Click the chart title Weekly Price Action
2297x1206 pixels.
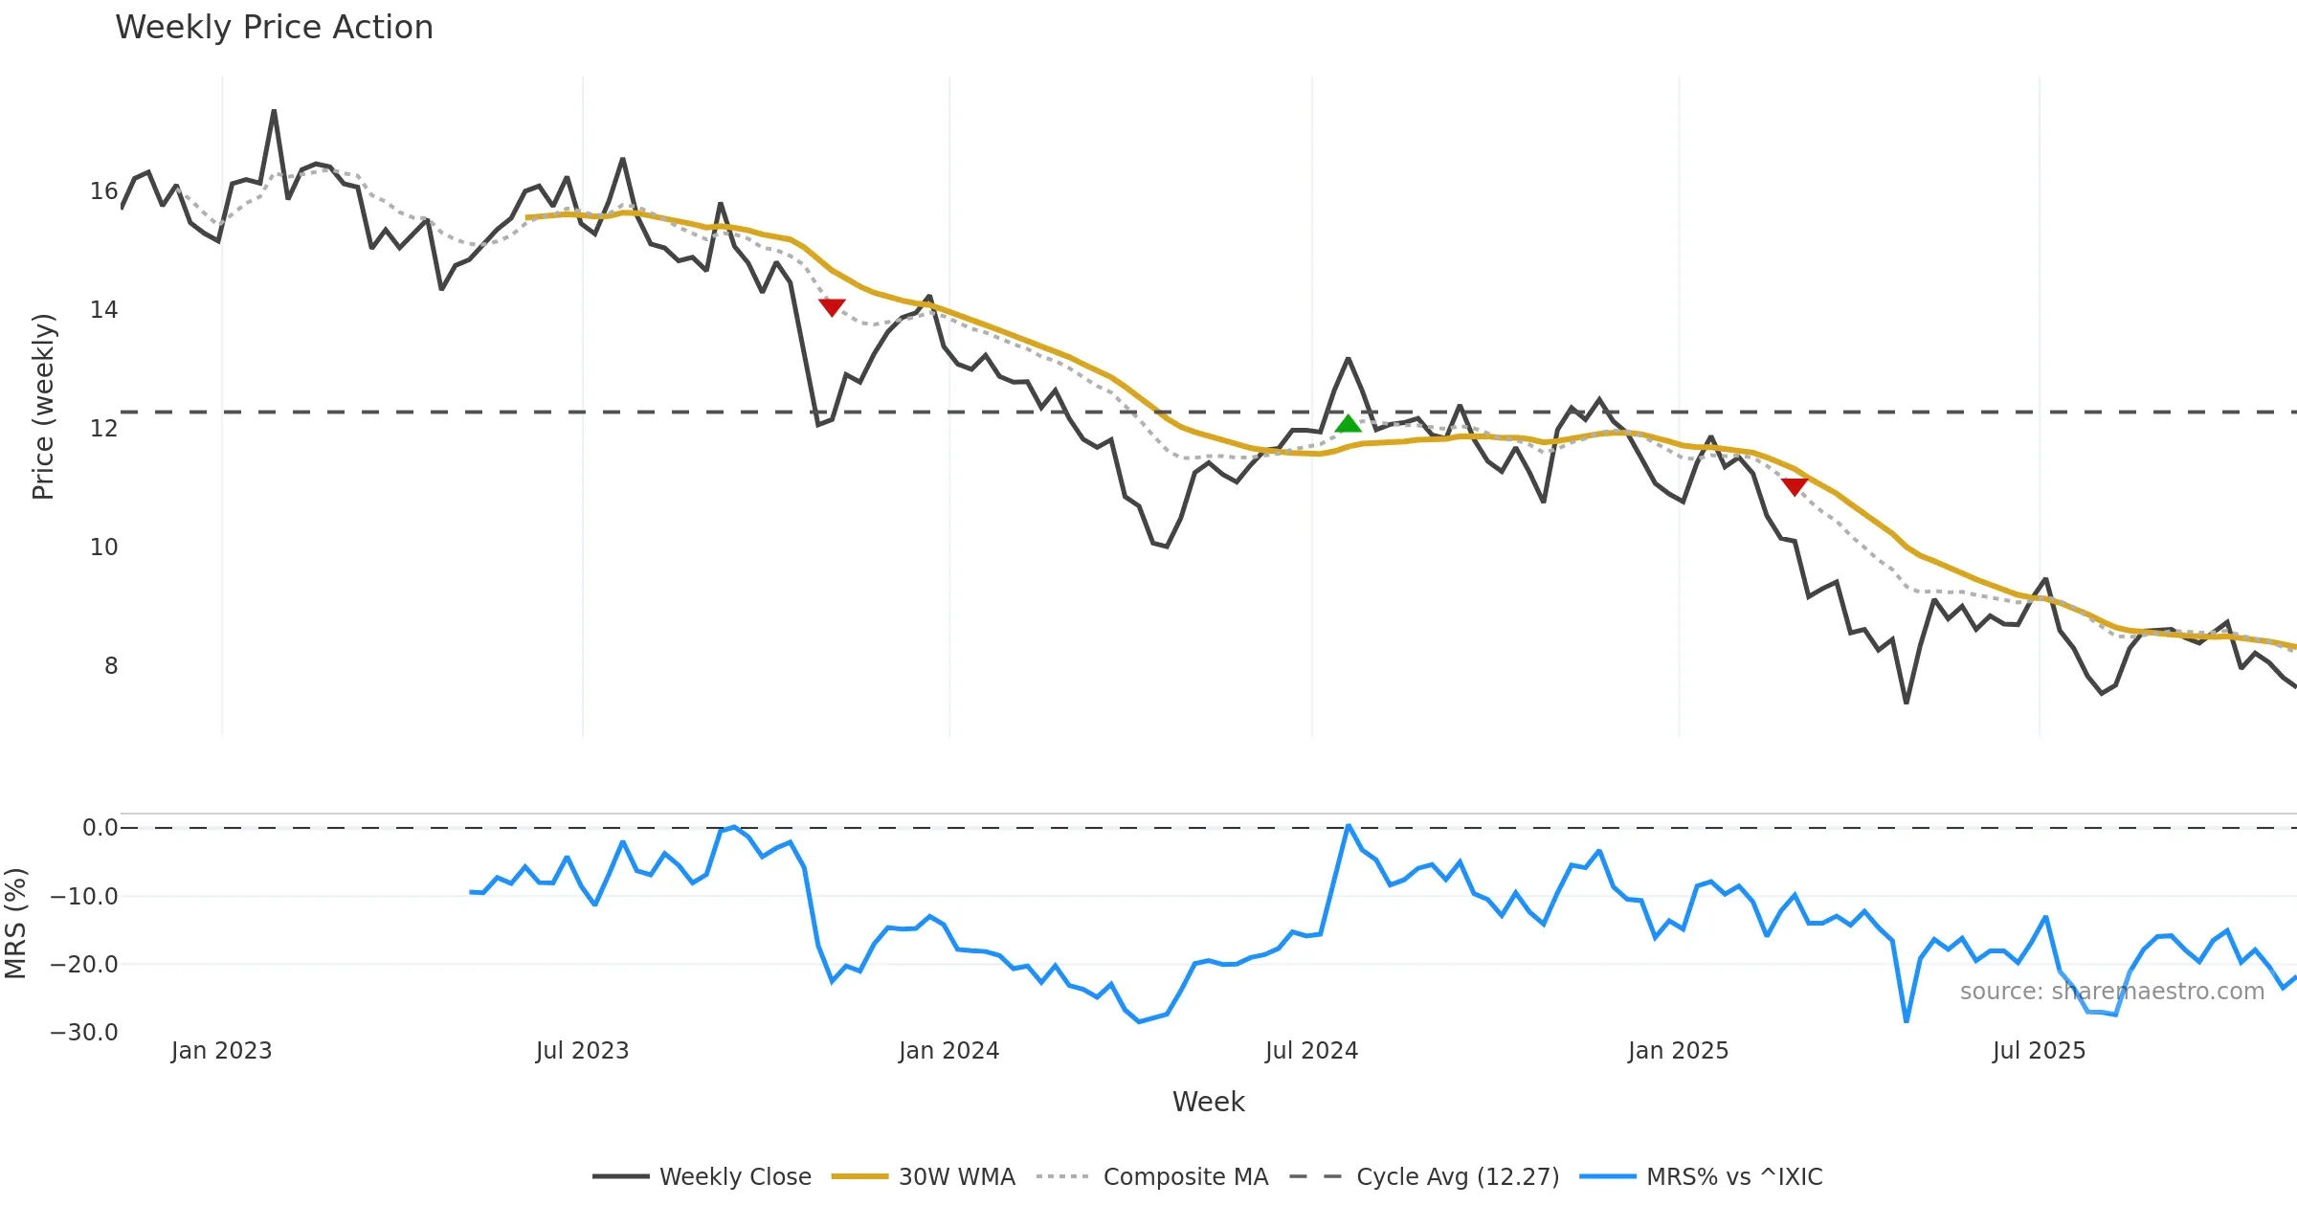(x=274, y=28)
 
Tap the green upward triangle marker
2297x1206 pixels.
(x=1348, y=423)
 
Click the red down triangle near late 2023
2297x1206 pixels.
(x=832, y=306)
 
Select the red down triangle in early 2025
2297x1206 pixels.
(x=1795, y=486)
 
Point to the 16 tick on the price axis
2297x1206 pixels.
(x=103, y=191)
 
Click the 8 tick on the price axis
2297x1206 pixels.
(x=111, y=666)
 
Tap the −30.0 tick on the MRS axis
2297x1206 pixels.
(x=84, y=1033)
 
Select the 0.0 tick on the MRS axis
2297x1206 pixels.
(x=100, y=828)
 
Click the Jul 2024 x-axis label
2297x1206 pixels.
(x=1311, y=1051)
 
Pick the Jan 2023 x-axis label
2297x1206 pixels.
(x=221, y=1051)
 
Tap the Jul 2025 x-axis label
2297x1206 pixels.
(x=2039, y=1051)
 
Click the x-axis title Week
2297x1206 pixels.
(x=1208, y=1103)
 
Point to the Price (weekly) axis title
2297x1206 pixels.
(x=43, y=407)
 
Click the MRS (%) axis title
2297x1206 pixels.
(x=15, y=924)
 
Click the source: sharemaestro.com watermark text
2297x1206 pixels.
(x=2111, y=992)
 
